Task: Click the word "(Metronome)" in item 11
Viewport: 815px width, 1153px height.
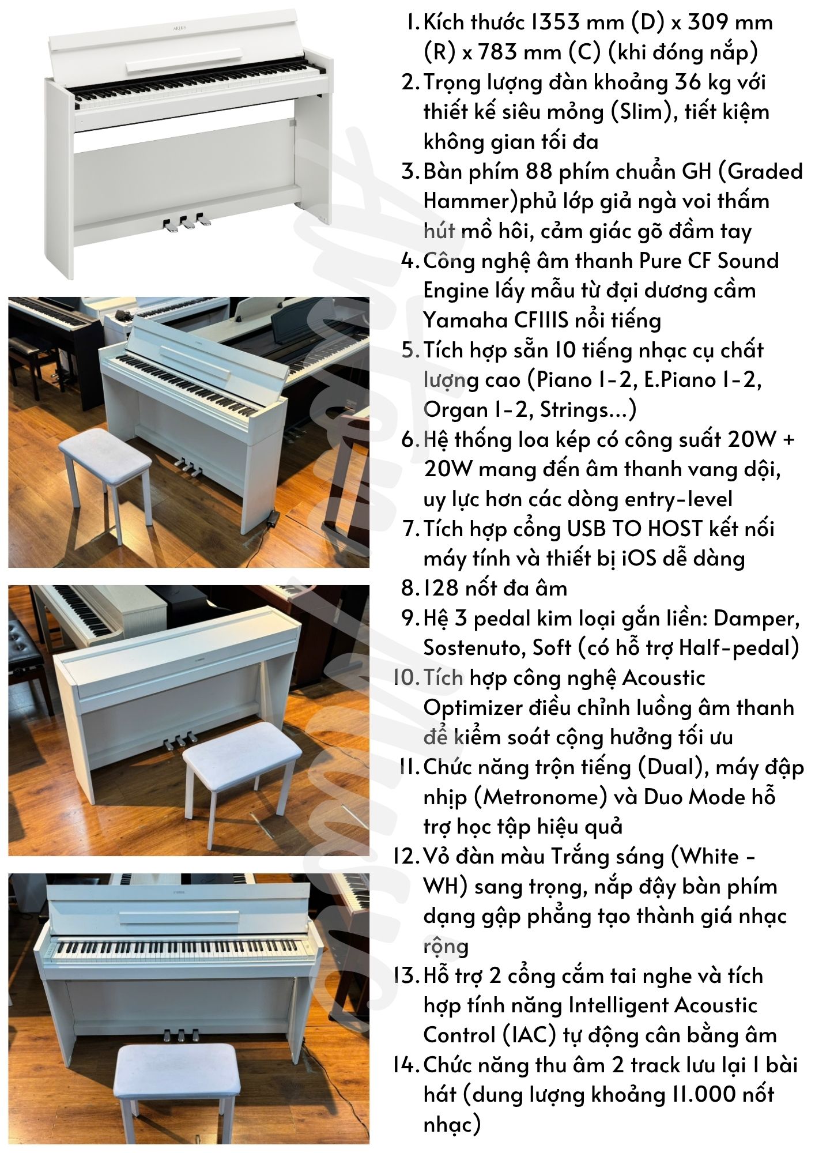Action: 541,797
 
